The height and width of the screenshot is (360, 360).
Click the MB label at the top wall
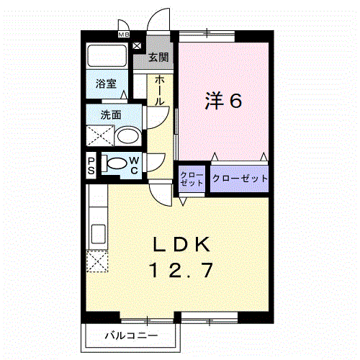123,34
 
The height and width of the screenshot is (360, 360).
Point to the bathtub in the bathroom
107,57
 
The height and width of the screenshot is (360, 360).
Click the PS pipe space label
91,165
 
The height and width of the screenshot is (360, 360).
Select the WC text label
135,165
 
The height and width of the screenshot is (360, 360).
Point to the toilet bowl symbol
114,164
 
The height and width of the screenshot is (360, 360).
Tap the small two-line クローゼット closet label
192,179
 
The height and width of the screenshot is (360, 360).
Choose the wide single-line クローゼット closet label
240,178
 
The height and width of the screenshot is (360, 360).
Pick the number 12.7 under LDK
181,271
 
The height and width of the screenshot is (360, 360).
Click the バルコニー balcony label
130,335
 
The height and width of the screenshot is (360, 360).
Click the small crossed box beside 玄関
138,45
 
